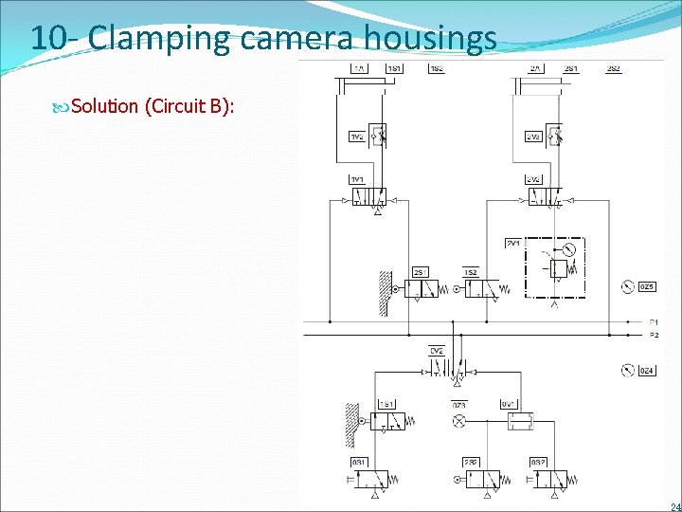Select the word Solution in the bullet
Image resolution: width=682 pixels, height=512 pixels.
[104, 105]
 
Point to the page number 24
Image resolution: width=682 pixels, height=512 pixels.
[674, 506]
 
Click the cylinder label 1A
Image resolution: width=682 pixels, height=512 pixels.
[360, 68]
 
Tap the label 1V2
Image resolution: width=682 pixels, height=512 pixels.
[358, 137]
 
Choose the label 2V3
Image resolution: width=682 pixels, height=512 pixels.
[533, 137]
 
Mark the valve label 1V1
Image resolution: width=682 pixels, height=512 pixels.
[358, 179]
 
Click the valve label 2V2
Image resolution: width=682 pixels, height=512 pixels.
[533, 179]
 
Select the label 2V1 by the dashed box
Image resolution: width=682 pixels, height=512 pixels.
[513, 243]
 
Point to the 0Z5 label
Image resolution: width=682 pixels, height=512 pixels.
[648, 286]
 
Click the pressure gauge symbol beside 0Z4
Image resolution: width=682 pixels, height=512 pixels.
[627, 370]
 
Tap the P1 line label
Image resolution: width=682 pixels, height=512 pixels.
[654, 322]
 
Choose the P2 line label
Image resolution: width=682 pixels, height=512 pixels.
[654, 335]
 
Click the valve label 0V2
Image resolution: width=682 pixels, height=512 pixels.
[437, 350]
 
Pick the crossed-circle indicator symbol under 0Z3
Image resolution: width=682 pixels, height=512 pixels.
[458, 419]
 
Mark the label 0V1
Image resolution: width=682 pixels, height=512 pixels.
[509, 404]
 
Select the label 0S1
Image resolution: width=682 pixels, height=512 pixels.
[360, 462]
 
